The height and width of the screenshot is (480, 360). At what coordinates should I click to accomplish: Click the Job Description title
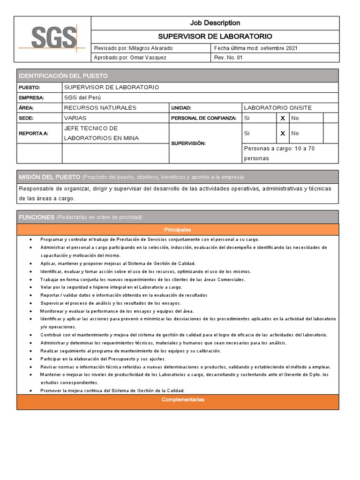tap(215, 23)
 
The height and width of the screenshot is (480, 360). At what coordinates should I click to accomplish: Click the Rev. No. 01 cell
tap(229, 58)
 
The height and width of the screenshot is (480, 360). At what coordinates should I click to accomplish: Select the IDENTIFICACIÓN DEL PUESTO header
tap(63, 75)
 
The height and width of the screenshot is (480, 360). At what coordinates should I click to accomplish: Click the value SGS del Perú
tap(82, 97)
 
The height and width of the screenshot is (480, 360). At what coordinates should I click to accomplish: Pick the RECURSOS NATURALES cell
tap(100, 108)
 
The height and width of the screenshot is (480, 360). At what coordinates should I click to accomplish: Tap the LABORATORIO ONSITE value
tap(278, 108)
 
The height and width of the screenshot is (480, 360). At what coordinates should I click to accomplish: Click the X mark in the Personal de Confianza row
tap(283, 118)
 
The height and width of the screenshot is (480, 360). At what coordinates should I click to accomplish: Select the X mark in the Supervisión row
tap(283, 134)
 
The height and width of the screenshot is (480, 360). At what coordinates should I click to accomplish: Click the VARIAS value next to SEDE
tap(75, 118)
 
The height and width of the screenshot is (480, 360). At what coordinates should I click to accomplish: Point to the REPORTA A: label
tap(33, 134)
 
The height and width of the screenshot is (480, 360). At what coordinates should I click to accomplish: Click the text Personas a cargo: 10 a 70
tap(279, 149)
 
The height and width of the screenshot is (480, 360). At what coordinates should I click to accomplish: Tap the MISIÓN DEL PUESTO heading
tap(49, 177)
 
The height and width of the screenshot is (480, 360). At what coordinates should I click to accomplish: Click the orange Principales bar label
tap(177, 230)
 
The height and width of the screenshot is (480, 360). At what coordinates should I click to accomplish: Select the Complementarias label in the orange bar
tap(177, 400)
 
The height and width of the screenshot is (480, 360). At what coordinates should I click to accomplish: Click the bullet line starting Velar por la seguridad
tap(111, 287)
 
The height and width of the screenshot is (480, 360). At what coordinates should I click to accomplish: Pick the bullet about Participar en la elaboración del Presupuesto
tap(103, 359)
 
